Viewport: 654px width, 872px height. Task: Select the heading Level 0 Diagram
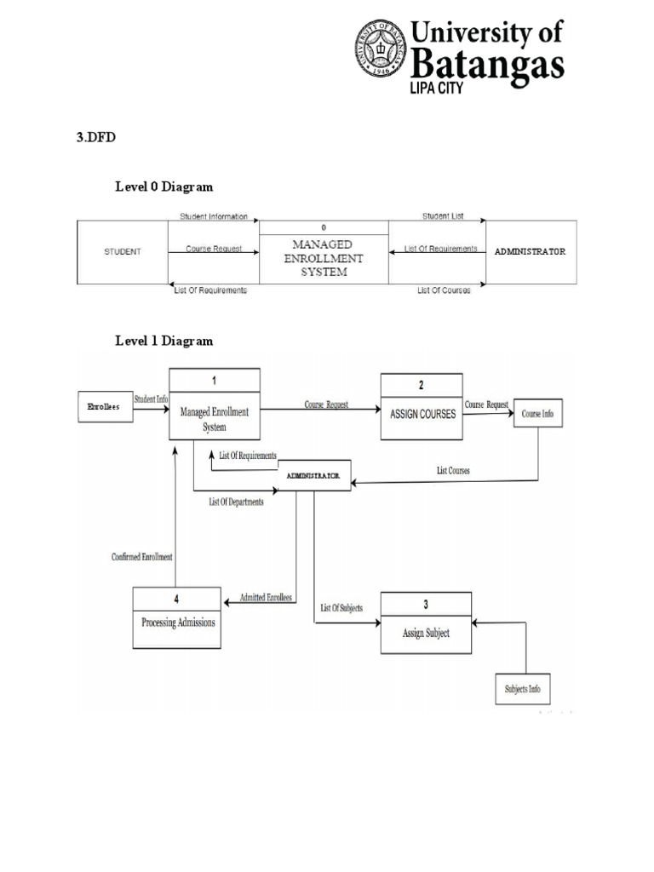coord(164,186)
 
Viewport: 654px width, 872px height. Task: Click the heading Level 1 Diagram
coord(164,341)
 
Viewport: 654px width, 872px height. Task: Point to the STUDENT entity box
coord(123,252)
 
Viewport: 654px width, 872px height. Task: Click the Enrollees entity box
coord(104,408)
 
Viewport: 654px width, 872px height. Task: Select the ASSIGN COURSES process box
coord(422,414)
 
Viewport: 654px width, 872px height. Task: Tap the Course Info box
coord(537,414)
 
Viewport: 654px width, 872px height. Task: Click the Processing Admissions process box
coord(178,622)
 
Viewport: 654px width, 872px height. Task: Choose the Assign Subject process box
coord(426,633)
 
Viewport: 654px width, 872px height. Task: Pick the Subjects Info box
coord(522,689)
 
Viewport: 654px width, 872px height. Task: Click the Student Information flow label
coord(213,217)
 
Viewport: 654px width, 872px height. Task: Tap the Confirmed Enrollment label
coord(142,557)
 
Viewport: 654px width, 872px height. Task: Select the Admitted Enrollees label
coord(266,597)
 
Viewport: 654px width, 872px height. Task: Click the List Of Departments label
coord(236,502)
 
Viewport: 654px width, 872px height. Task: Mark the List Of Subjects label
coord(341,607)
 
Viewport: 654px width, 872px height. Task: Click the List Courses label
coord(453,470)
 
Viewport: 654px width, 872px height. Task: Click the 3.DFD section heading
coord(95,139)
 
